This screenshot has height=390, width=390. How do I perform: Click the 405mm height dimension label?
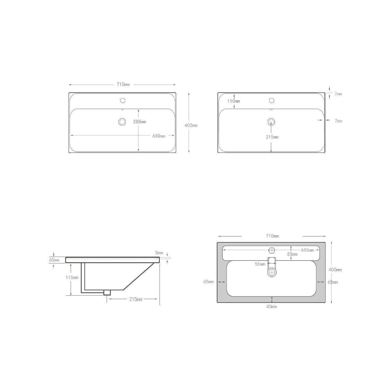click(x=191, y=125)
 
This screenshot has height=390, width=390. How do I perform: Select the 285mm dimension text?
click(x=139, y=122)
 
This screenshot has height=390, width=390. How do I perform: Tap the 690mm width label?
click(x=159, y=136)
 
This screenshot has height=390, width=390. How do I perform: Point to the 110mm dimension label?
click(x=233, y=101)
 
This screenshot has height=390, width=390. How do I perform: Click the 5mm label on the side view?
click(x=159, y=252)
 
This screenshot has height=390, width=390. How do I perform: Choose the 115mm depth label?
click(x=72, y=277)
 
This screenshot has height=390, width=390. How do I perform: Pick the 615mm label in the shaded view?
click(x=307, y=250)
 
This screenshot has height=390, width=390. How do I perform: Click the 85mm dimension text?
click(x=292, y=254)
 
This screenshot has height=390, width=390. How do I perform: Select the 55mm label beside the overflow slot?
click(x=260, y=264)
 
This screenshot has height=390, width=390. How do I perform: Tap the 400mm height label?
click(x=335, y=270)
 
